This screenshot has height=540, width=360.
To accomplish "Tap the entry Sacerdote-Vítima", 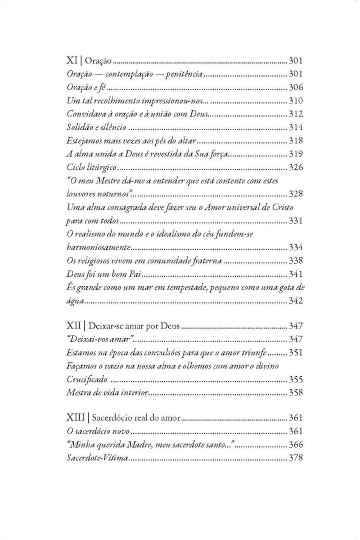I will point(94,458).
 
